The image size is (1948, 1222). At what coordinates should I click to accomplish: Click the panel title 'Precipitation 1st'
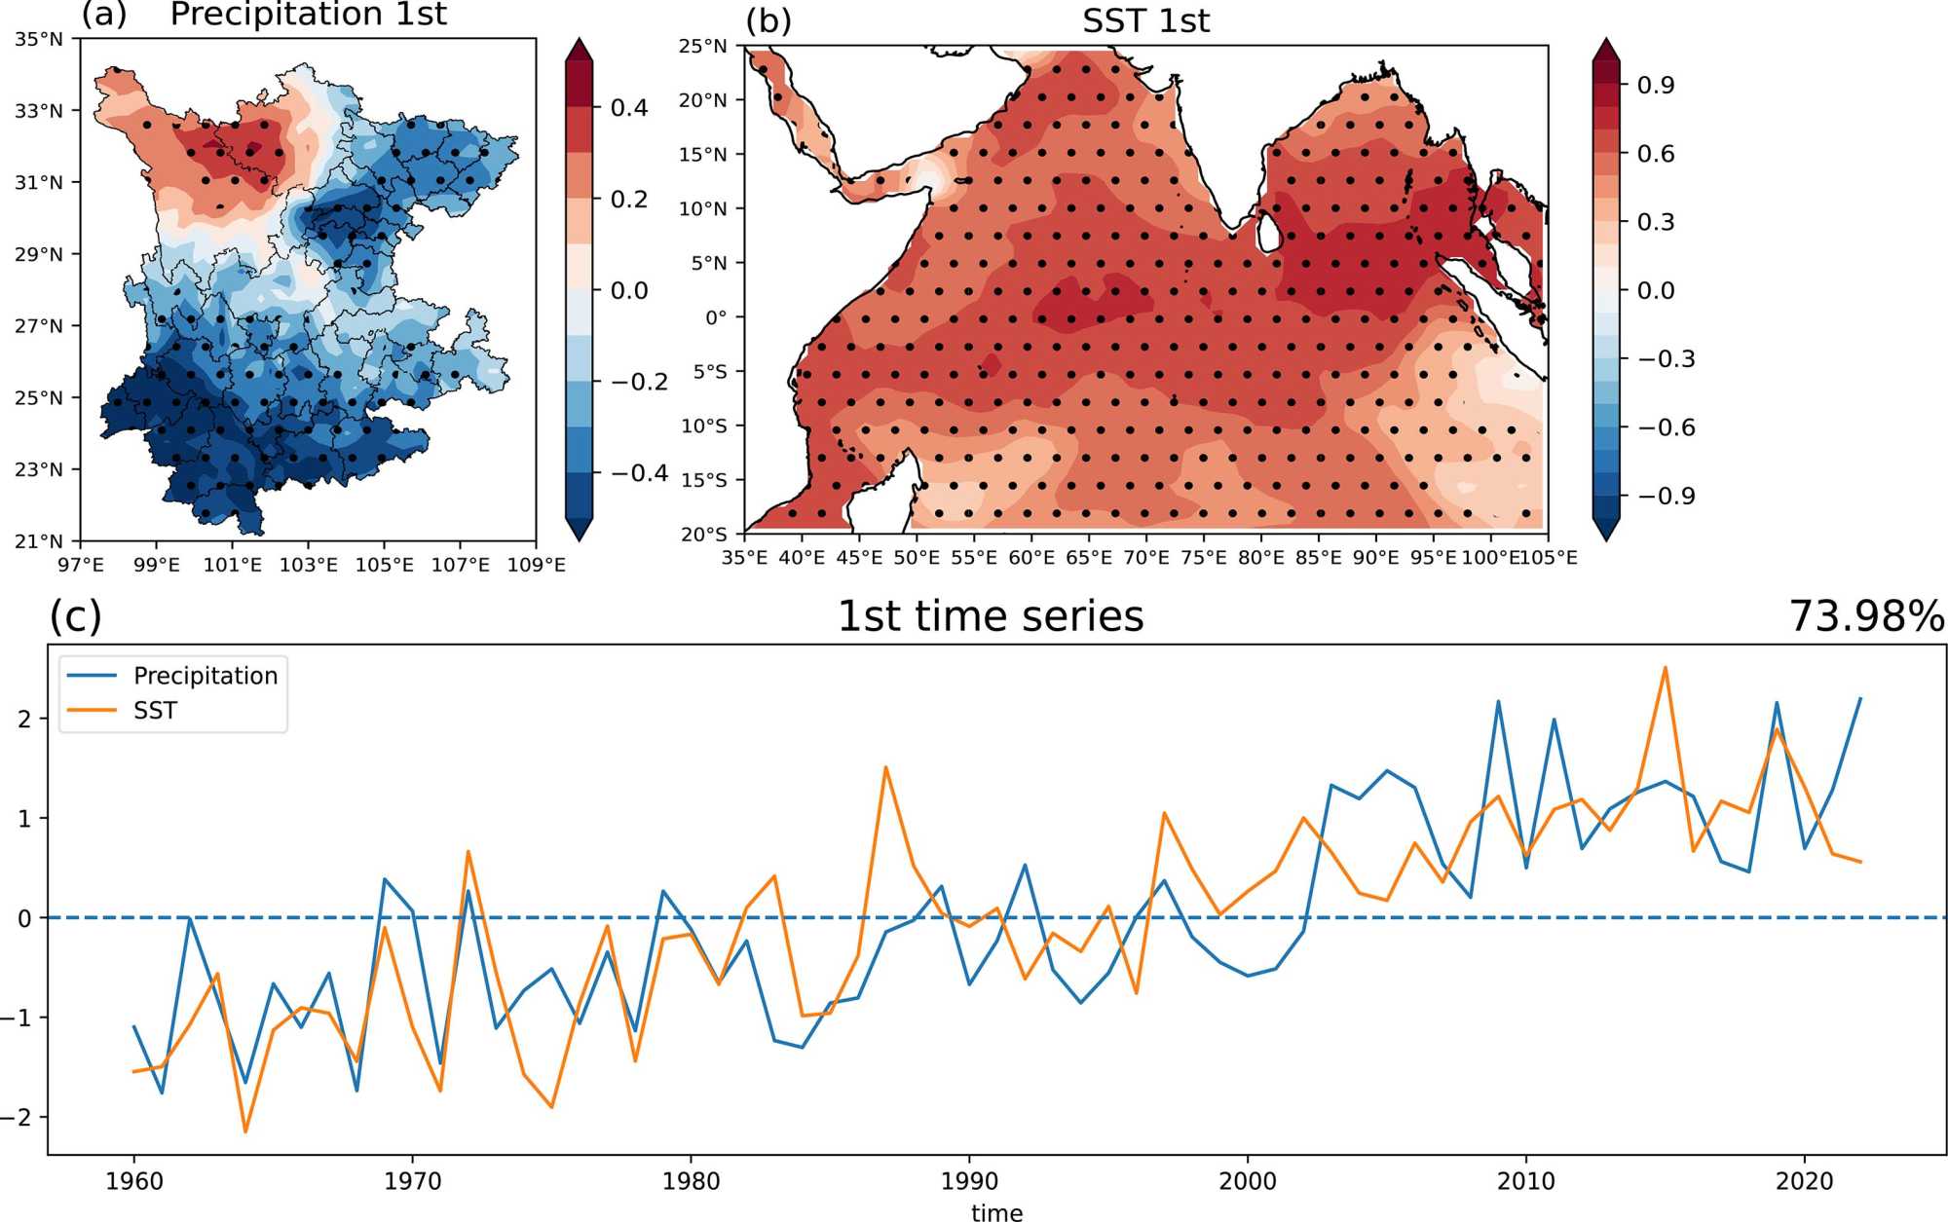(x=308, y=15)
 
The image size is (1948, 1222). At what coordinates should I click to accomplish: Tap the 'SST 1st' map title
(x=1145, y=20)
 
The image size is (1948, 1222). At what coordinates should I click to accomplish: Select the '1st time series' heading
(x=990, y=616)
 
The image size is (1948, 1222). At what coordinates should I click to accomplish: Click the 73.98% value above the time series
(x=1866, y=616)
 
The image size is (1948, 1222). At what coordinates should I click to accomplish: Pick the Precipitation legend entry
(x=205, y=676)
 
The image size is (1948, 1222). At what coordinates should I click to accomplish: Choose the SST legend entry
(x=155, y=711)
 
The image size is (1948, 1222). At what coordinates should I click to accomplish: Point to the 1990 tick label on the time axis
(x=969, y=1181)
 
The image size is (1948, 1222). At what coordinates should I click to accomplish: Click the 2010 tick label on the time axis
(x=1525, y=1181)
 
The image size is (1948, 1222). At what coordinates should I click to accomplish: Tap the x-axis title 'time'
(x=996, y=1212)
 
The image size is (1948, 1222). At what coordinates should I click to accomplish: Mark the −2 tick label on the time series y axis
(x=18, y=1118)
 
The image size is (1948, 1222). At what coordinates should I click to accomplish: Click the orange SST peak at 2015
(x=1666, y=668)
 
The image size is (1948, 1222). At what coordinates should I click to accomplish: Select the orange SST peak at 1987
(x=885, y=767)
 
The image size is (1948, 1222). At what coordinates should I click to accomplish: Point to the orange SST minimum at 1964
(x=245, y=1131)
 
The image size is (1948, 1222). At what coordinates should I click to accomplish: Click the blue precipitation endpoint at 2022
(x=1860, y=698)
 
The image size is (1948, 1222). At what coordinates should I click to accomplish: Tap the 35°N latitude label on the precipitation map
(x=39, y=40)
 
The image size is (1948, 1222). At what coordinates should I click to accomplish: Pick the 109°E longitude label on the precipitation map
(x=536, y=565)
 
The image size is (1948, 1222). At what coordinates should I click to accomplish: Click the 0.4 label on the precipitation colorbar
(x=629, y=108)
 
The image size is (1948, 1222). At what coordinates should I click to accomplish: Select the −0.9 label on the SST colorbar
(x=1666, y=497)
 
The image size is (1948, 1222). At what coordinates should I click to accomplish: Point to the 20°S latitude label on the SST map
(x=703, y=534)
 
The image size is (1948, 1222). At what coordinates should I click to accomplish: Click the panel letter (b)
(x=768, y=20)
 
